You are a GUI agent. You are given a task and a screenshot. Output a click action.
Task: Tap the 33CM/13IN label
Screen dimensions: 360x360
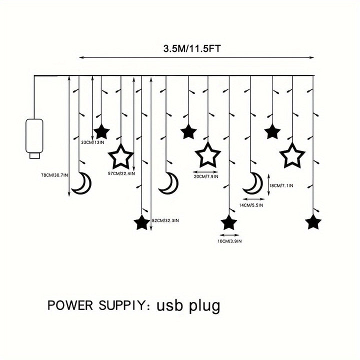click(92, 142)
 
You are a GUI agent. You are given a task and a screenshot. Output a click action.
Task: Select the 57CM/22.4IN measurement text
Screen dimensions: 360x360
click(121, 173)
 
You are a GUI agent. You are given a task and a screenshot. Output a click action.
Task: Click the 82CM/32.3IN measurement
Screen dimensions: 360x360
click(164, 220)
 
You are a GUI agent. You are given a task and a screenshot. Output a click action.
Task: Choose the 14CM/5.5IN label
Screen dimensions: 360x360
click(251, 205)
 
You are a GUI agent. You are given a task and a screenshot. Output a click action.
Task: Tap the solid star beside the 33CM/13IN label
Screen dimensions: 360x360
click(102, 131)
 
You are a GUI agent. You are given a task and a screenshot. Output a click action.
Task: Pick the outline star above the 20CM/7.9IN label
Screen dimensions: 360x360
click(205, 155)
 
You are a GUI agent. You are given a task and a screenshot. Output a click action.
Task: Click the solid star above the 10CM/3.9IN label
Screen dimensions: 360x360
click(228, 221)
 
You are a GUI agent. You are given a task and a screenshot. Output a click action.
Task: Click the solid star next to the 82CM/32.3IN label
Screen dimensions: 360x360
click(141, 222)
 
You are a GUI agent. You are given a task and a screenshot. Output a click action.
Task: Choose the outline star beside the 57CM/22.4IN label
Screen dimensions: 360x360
click(121, 157)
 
